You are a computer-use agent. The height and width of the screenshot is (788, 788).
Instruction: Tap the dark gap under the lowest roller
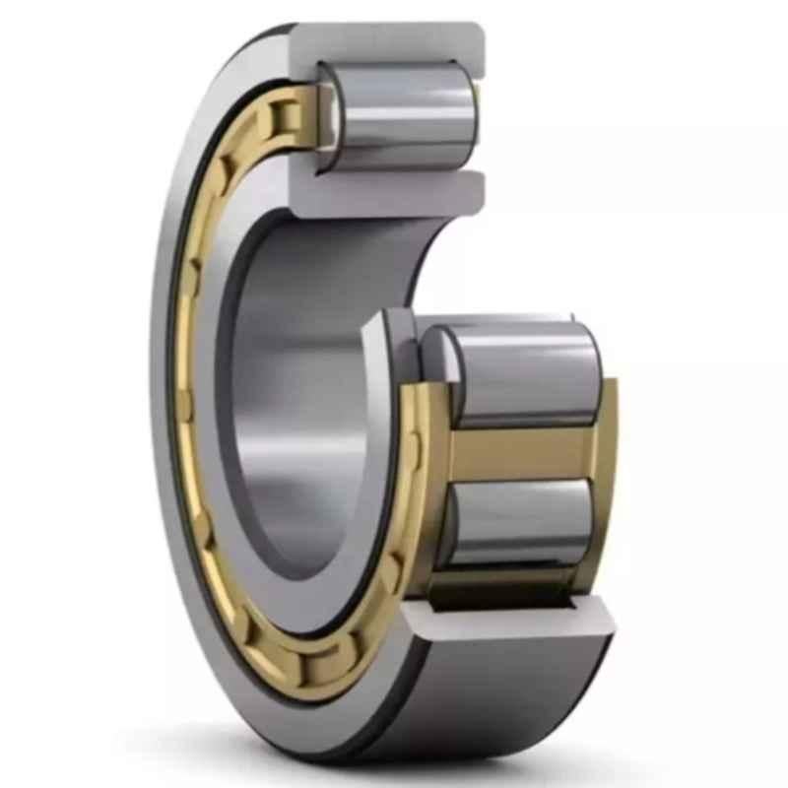point(502,591)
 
